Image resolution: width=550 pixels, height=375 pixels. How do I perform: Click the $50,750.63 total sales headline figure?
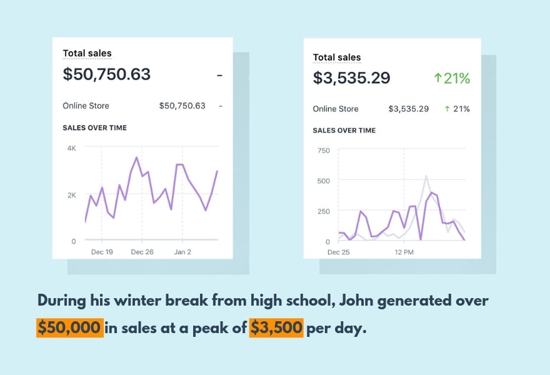(107, 74)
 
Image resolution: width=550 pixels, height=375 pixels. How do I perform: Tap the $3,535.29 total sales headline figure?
(351, 78)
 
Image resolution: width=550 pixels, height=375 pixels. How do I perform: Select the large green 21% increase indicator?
(451, 78)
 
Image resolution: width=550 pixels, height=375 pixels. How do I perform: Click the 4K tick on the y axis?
(71, 148)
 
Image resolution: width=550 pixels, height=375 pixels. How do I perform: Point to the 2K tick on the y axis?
(71, 195)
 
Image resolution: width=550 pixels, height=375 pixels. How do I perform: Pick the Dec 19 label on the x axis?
(101, 252)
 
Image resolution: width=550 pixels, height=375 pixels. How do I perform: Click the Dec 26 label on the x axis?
(142, 252)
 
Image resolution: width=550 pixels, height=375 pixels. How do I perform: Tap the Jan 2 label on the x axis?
(183, 252)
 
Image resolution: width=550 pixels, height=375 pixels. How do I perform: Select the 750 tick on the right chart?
(324, 150)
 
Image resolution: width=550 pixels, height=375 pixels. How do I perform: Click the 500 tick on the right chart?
(324, 181)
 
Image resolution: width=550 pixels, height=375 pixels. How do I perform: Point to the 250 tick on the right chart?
(324, 211)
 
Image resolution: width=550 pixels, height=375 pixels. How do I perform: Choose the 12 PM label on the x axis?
(404, 252)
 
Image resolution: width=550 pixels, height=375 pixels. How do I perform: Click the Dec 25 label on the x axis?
(339, 252)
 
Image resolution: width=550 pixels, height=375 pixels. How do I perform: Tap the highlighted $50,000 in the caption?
(69, 327)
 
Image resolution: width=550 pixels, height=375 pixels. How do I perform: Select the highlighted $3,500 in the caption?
(276, 327)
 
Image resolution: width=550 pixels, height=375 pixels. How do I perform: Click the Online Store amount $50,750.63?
(182, 106)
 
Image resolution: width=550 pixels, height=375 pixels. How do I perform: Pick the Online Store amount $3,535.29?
(409, 109)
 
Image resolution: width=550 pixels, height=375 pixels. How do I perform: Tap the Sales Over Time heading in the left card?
(94, 127)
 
